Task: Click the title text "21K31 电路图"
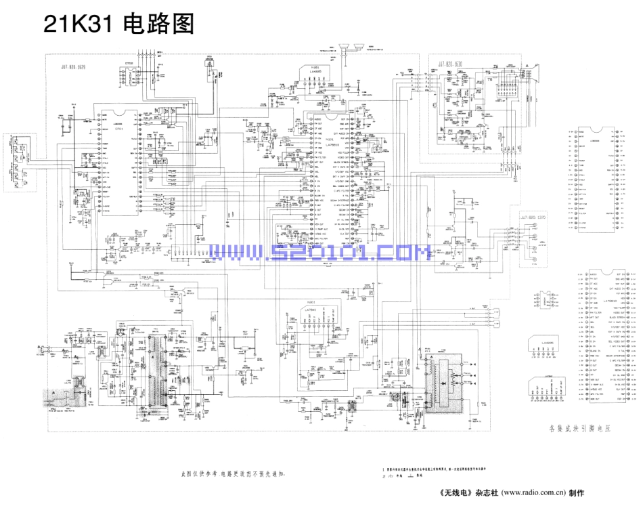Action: pyautogui.click(x=118, y=24)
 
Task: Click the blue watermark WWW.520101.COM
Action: pyautogui.click(x=319, y=253)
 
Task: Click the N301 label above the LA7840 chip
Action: pyautogui.click(x=312, y=301)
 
